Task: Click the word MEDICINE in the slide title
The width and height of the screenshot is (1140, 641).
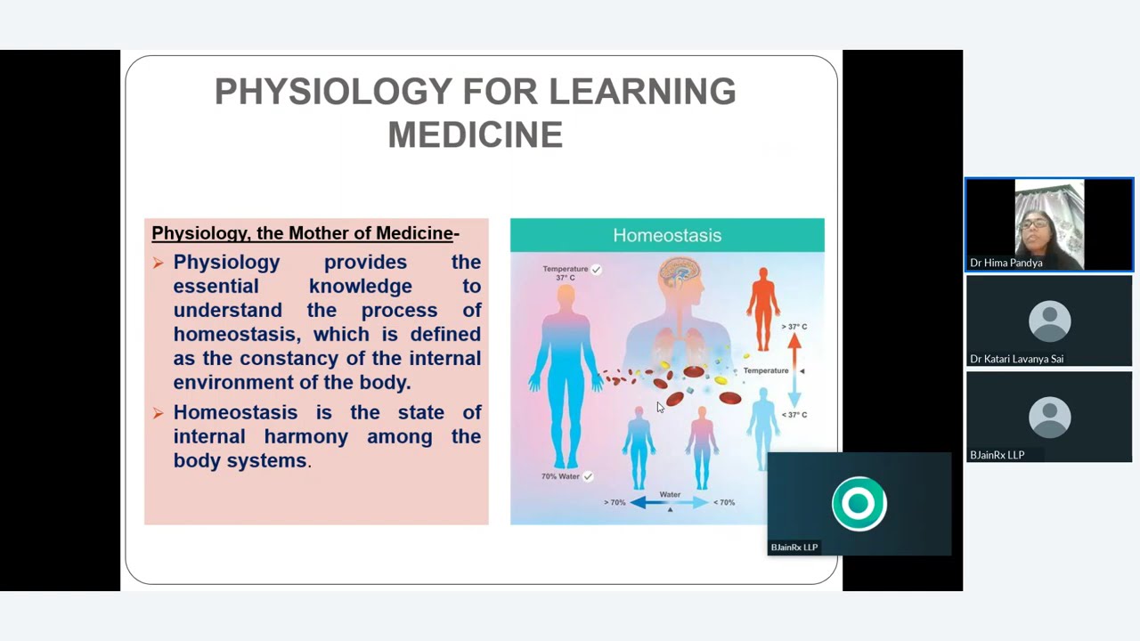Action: point(475,135)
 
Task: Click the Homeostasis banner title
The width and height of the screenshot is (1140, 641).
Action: point(667,235)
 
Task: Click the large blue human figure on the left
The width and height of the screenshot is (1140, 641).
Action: point(566,374)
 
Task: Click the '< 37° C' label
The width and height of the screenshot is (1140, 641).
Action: point(794,415)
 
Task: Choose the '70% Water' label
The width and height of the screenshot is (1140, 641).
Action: point(561,476)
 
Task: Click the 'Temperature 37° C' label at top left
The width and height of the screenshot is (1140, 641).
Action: point(566,272)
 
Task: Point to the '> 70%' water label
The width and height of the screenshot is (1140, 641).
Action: point(615,503)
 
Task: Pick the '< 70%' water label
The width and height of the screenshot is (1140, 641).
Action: point(724,503)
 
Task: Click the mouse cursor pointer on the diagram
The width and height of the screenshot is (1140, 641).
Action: point(660,407)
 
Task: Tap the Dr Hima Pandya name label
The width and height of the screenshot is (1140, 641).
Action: point(1006,263)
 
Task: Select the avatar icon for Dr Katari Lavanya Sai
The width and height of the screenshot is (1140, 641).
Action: point(1049,320)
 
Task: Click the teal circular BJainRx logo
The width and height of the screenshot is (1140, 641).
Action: point(859,504)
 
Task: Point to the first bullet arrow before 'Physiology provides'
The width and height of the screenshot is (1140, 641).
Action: point(158,263)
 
